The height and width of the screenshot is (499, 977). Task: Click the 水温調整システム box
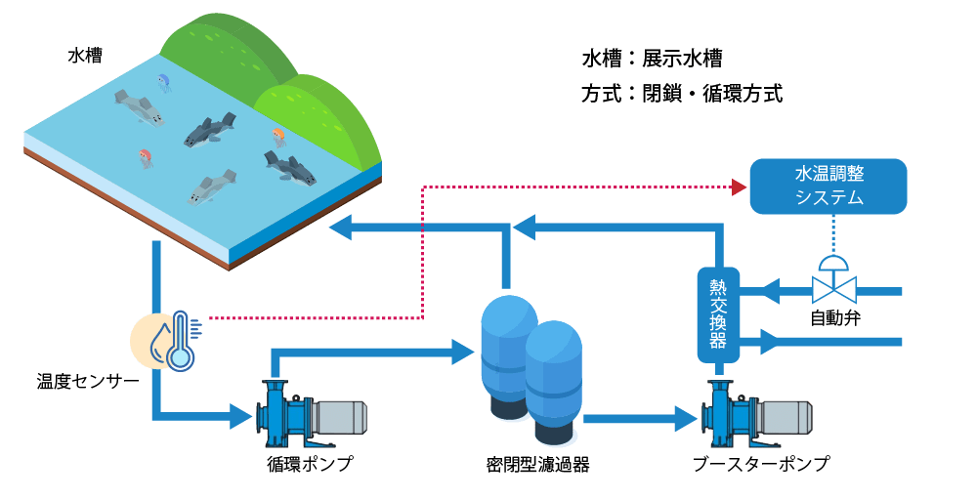(828, 185)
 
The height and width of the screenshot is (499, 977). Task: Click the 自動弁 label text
(835, 318)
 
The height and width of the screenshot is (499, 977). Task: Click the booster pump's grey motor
(787, 416)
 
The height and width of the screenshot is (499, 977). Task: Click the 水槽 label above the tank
(85, 56)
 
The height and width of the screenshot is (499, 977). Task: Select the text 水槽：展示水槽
(652, 59)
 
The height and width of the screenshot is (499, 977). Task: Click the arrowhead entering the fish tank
(338, 229)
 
